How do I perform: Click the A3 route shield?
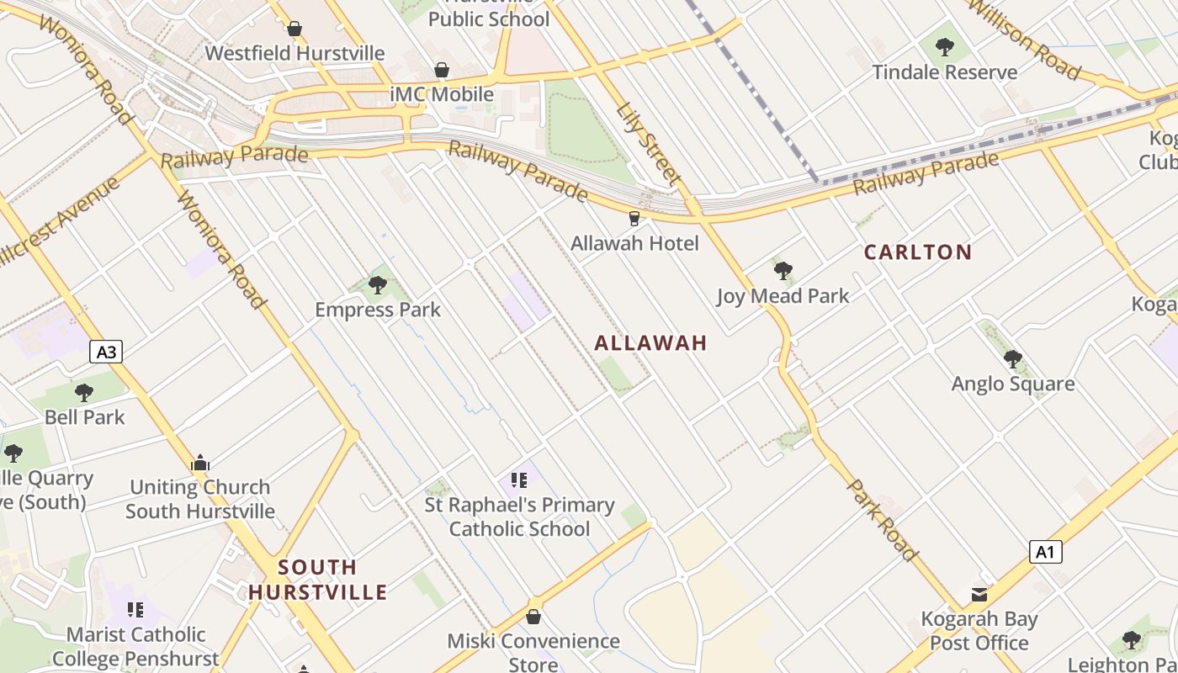(x=106, y=352)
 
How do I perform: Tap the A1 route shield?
(x=1045, y=552)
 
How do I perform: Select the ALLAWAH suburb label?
(x=650, y=343)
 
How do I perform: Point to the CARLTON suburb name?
(x=917, y=252)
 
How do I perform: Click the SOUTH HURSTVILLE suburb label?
(x=317, y=580)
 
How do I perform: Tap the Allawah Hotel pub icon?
(x=634, y=219)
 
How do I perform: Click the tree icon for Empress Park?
(x=378, y=285)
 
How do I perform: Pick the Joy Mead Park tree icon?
(x=783, y=271)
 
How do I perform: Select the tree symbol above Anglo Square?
(x=1012, y=359)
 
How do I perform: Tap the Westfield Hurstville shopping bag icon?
(x=294, y=29)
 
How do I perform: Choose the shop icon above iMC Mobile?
(x=442, y=70)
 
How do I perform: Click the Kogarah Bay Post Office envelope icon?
(x=979, y=595)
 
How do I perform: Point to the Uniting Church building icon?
(x=200, y=463)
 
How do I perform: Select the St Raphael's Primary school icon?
(x=519, y=480)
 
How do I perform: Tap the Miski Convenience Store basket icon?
(x=533, y=617)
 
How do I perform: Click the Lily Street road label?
(x=647, y=144)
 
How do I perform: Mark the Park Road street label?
(x=881, y=520)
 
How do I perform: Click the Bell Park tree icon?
(x=83, y=392)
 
